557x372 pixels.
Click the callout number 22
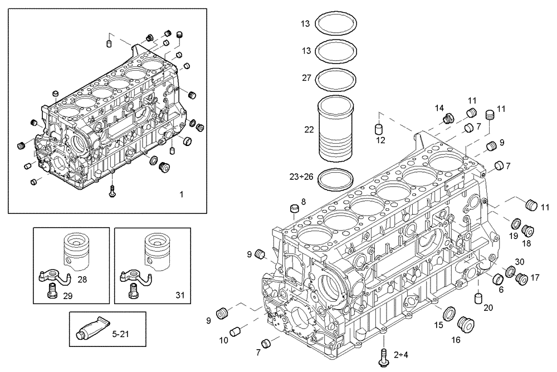pyautogui.click(x=309, y=130)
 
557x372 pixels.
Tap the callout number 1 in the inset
pyautogui.click(x=181, y=194)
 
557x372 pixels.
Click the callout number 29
pyautogui.click(x=67, y=296)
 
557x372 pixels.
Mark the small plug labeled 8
pyautogui.click(x=295, y=209)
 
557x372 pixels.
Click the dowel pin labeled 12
pyautogui.click(x=379, y=129)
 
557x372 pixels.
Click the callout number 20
pyautogui.click(x=488, y=307)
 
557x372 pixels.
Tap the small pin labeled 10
pyautogui.click(x=235, y=330)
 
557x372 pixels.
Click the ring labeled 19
pyautogui.click(x=515, y=225)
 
